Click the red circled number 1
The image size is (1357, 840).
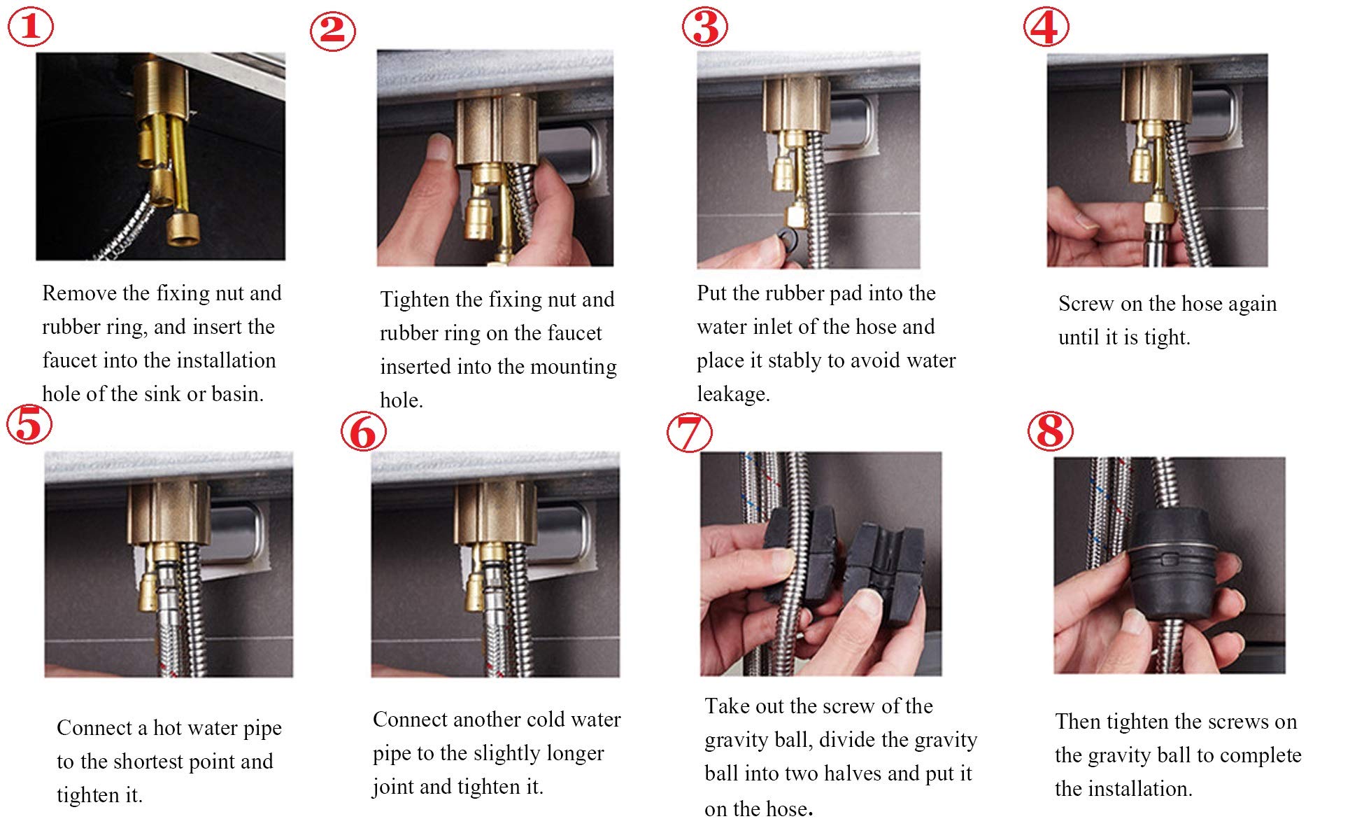(31, 27)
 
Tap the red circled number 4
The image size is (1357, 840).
(1046, 27)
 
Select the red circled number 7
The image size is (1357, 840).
(690, 432)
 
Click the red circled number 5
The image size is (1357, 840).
(29, 424)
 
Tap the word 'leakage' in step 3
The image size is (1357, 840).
(732, 394)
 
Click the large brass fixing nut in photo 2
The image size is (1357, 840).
(497, 132)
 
